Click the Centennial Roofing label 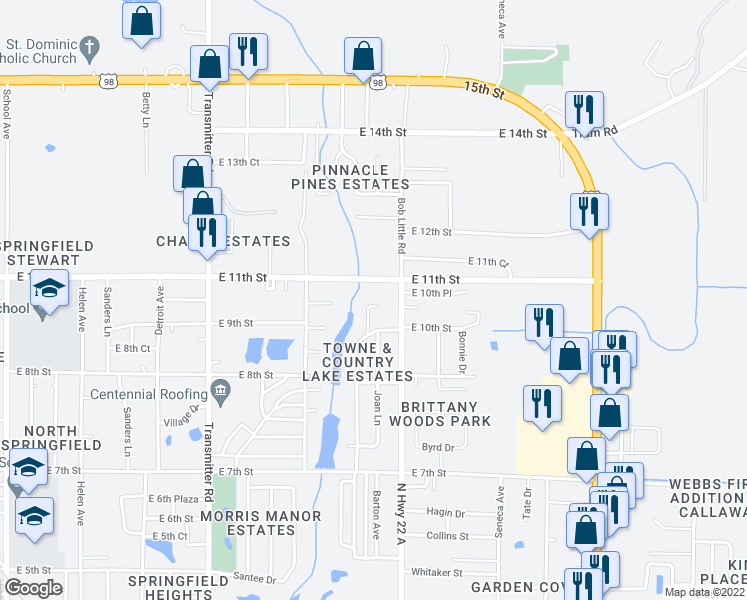pos(147,393)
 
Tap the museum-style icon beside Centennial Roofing pos(219,388)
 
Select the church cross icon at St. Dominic pos(89,46)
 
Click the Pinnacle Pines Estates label pos(350,177)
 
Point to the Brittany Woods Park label pos(446,414)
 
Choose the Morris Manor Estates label pos(261,524)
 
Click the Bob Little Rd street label pos(401,223)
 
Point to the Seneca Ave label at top pos(502,19)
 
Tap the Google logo pos(33,587)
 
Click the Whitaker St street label pos(438,573)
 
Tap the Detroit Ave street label pos(159,310)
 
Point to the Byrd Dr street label pos(437,448)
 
